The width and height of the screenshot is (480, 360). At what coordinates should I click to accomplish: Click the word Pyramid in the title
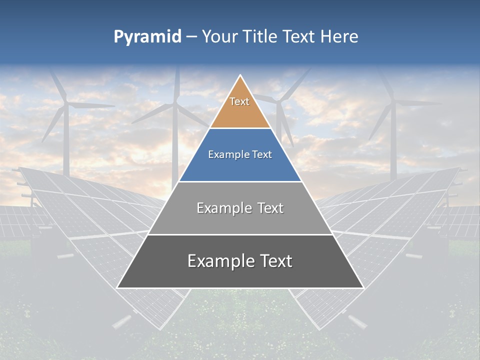[x=147, y=37]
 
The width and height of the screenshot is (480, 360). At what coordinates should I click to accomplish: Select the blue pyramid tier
[x=240, y=167]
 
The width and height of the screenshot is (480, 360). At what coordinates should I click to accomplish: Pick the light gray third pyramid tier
[x=240, y=220]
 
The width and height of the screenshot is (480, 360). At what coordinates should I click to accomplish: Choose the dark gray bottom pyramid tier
[x=240, y=275]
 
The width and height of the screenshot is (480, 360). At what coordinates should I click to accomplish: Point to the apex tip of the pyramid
[x=240, y=76]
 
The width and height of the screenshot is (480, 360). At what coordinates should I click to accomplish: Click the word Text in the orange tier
[x=239, y=101]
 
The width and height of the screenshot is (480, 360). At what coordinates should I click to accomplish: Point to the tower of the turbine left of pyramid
[x=175, y=150]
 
